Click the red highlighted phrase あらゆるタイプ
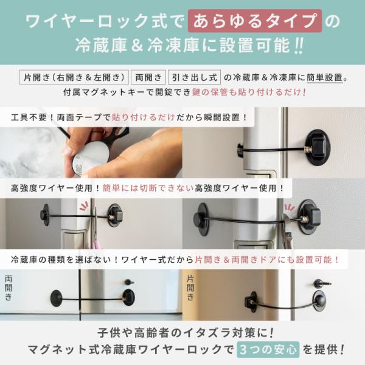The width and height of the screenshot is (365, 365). (x=255, y=21)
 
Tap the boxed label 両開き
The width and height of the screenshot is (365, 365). (x=148, y=77)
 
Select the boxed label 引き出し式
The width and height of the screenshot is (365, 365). (x=195, y=77)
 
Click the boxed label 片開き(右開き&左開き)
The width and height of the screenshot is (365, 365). (x=74, y=77)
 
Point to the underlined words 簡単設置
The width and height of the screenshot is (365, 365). (x=325, y=77)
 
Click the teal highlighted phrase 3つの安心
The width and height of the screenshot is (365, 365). (x=268, y=349)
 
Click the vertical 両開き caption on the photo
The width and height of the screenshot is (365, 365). (x=9, y=288)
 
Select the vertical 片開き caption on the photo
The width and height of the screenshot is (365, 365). (x=190, y=288)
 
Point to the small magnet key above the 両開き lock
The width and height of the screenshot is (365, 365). (x=129, y=282)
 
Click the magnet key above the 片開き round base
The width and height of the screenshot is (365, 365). (x=322, y=283)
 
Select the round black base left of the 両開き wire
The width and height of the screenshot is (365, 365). (x=56, y=298)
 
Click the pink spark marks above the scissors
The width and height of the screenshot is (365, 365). (x=84, y=206)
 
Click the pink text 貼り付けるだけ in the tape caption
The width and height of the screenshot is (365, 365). (x=144, y=117)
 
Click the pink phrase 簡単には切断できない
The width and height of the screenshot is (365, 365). (x=148, y=188)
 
